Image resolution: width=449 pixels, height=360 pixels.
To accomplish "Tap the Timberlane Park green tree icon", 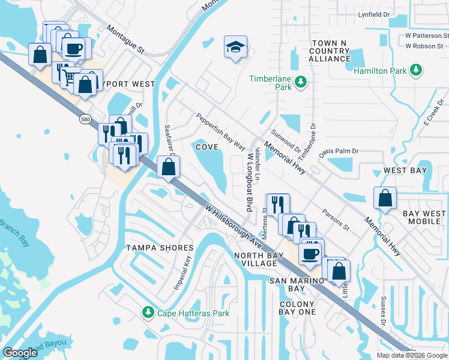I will tap(301, 81).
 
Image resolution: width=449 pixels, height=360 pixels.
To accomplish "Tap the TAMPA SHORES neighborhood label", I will tap(160, 248).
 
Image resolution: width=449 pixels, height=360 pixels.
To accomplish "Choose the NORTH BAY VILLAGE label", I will tap(264, 260).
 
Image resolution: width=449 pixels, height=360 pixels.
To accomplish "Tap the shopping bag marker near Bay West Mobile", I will tap(385, 198).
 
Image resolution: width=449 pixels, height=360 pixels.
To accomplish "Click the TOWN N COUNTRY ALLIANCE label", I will tap(330, 51).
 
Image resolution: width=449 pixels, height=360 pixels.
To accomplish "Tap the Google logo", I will tap(20, 352).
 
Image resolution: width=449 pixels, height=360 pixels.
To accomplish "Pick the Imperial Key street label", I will tap(182, 272).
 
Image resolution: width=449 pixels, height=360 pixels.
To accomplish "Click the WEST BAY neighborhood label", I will tap(405, 170).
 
